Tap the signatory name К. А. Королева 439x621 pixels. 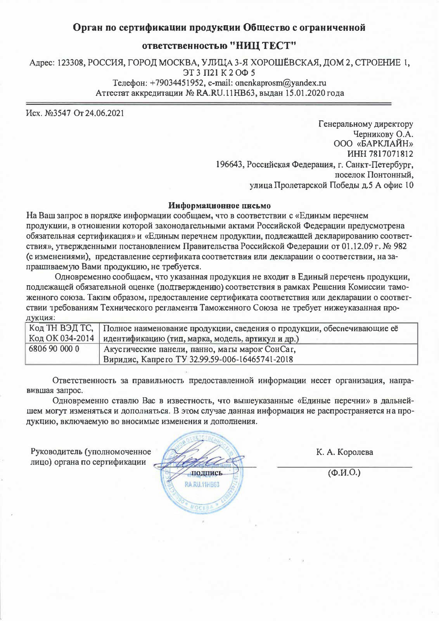click(x=345, y=452)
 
